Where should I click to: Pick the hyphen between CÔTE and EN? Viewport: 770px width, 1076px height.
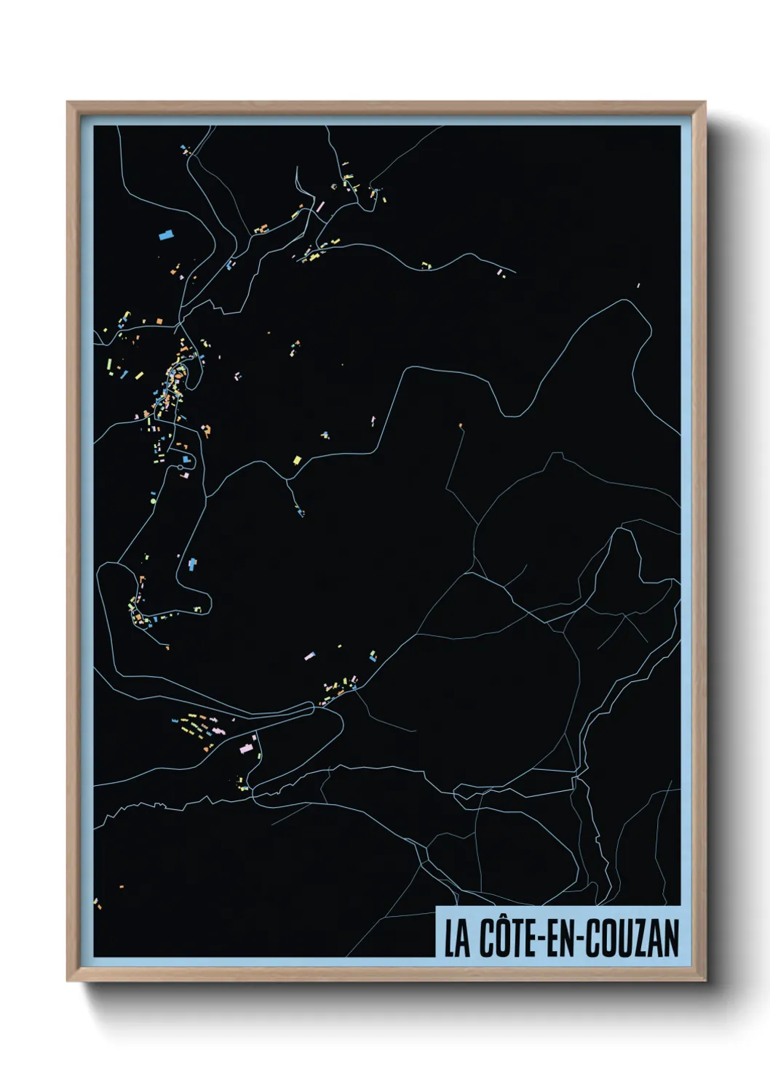click(x=542, y=939)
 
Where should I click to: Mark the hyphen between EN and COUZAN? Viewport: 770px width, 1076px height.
click(x=581, y=939)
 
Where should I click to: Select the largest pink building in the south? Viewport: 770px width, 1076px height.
click(x=247, y=747)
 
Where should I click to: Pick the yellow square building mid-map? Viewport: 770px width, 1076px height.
click(x=297, y=459)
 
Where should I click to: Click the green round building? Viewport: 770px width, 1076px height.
click(x=153, y=501)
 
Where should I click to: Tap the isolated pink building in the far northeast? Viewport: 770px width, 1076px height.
click(x=638, y=285)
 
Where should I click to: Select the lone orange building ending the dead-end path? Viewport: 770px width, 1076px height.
click(x=461, y=424)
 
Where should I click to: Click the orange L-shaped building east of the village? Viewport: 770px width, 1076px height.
click(x=207, y=430)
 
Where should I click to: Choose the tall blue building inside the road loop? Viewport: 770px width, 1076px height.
click(x=192, y=563)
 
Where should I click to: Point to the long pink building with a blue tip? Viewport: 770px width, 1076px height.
click(x=309, y=656)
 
